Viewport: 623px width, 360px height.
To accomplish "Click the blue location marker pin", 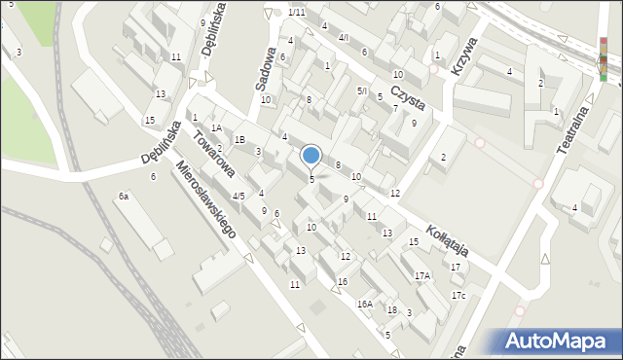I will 311,155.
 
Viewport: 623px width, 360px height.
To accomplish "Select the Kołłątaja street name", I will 445,234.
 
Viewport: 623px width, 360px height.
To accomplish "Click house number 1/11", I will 297,12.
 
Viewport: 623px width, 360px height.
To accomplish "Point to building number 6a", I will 124,197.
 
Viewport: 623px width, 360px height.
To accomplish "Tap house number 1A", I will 217,127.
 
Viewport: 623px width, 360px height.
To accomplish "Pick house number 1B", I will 239,140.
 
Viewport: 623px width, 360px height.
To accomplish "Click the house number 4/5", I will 238,196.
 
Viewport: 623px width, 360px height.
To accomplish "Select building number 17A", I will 421,276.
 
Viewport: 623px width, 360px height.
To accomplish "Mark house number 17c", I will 458,295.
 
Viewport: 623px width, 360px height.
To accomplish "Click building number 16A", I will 364,304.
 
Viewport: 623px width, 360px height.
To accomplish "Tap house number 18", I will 391,309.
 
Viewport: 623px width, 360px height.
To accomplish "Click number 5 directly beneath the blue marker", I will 311,179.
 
